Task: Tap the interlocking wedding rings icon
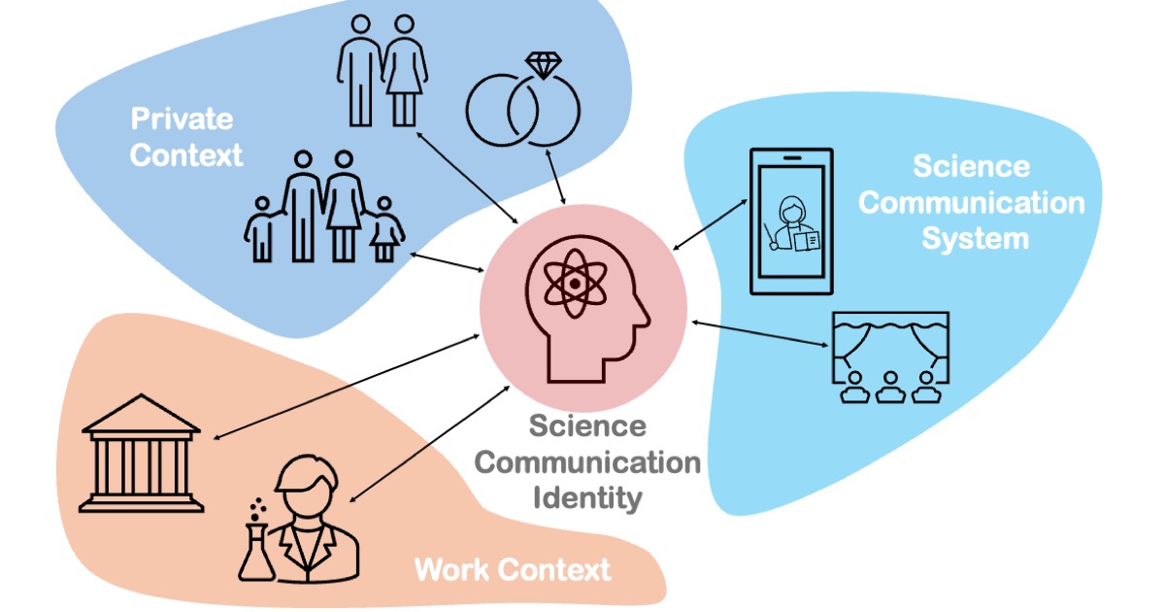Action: point(523,115)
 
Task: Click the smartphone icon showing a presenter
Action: point(791,221)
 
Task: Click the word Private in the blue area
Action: point(183,119)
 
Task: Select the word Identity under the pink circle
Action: point(586,498)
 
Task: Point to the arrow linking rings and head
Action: point(556,179)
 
